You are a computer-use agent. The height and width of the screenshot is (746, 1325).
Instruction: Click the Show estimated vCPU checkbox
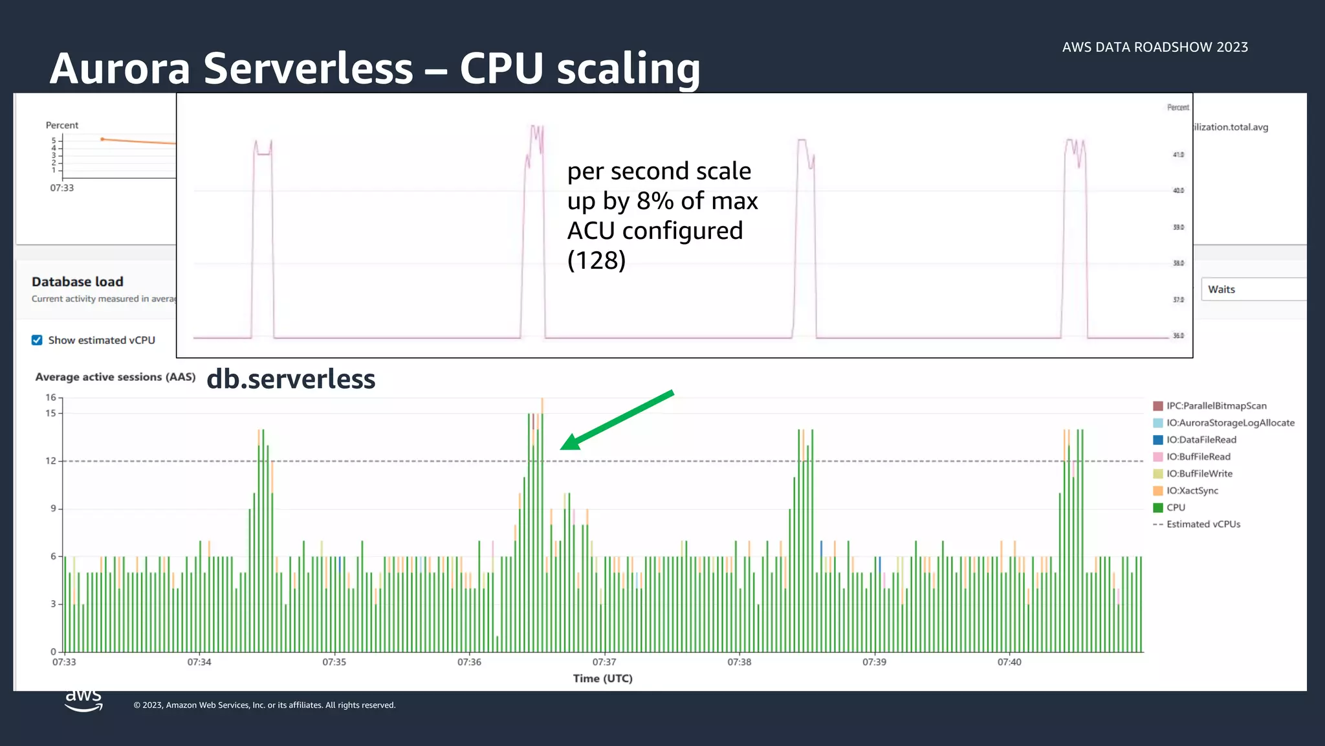click(37, 340)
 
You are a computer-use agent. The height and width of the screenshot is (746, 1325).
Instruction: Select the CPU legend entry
click(1175, 508)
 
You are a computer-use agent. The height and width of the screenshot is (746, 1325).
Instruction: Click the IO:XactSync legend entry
click(1191, 491)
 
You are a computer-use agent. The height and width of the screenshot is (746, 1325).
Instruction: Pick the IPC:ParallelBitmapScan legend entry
click(1216, 406)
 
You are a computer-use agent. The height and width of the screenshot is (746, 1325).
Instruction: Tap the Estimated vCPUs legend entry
click(1203, 525)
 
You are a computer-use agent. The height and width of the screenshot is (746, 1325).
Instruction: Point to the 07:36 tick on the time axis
click(469, 662)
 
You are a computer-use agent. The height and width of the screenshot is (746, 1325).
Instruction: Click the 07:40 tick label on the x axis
click(1009, 662)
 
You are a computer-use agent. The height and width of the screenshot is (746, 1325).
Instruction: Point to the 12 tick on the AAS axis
click(50, 461)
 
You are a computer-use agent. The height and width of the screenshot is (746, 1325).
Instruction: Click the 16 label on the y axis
click(50, 398)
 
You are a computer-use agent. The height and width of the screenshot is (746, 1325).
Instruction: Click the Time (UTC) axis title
click(602, 679)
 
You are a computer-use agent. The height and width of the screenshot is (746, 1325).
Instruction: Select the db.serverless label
click(290, 379)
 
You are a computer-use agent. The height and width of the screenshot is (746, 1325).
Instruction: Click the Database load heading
click(78, 282)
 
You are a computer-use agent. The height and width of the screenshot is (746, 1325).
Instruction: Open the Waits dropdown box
click(1253, 289)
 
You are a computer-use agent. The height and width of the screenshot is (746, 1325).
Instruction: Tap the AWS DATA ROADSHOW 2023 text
click(1155, 47)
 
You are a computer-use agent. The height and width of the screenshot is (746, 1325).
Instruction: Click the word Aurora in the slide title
click(120, 69)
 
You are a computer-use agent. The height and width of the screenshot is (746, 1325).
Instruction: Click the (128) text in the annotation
click(596, 260)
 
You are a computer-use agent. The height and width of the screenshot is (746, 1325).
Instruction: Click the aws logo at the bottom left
click(83, 699)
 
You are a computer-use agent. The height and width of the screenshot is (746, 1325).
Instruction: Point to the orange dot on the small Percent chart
click(102, 139)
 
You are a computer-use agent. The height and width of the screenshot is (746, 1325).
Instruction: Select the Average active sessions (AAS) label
click(115, 377)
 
